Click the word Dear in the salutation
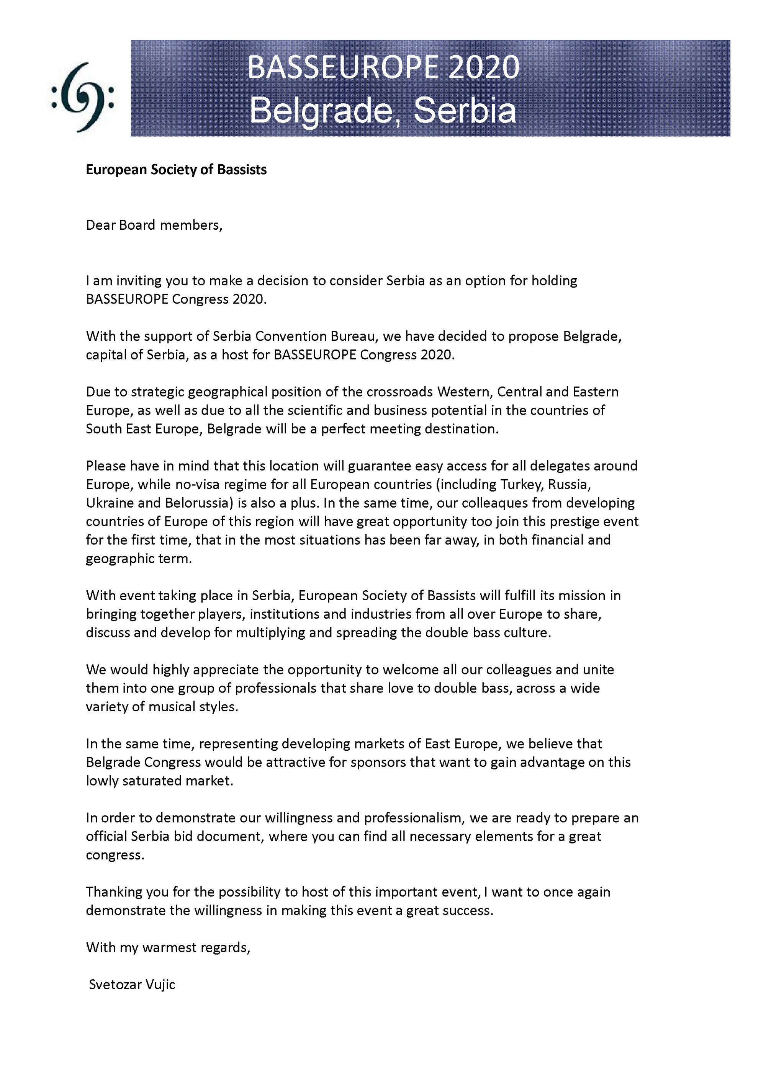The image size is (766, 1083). coord(100,225)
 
